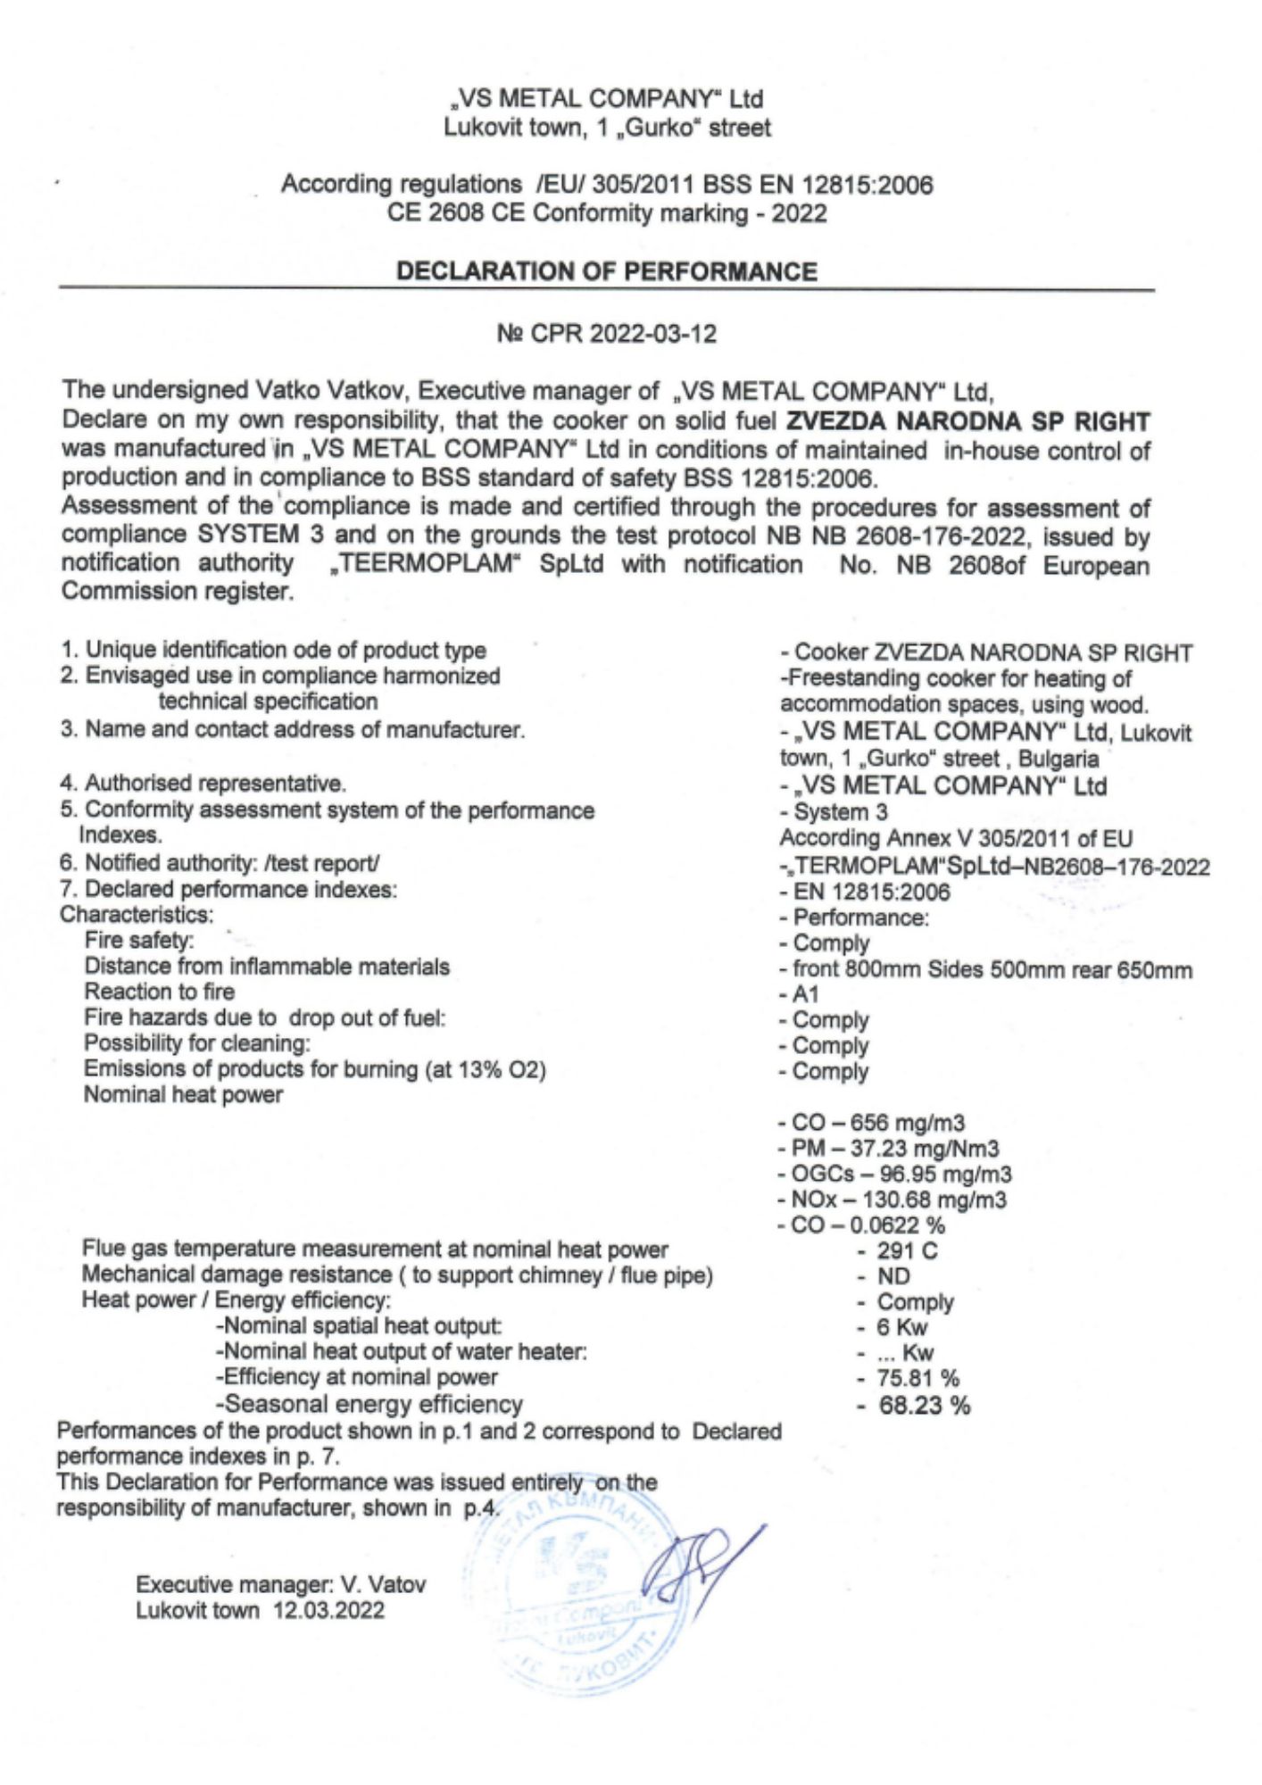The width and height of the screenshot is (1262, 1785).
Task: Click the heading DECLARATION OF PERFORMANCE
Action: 607,271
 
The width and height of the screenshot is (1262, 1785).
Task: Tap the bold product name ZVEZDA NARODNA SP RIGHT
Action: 967,421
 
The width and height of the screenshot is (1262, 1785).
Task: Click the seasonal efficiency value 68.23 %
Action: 924,1406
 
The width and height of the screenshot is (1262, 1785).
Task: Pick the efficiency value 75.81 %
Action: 917,1379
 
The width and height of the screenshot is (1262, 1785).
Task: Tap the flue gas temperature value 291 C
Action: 907,1251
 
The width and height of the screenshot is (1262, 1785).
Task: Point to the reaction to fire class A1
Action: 805,994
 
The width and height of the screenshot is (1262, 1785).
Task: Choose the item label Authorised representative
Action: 214,784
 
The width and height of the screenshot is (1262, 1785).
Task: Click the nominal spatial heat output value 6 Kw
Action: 901,1327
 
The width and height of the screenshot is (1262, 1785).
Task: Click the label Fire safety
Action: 139,941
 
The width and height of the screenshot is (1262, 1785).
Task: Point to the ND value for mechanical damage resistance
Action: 893,1276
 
